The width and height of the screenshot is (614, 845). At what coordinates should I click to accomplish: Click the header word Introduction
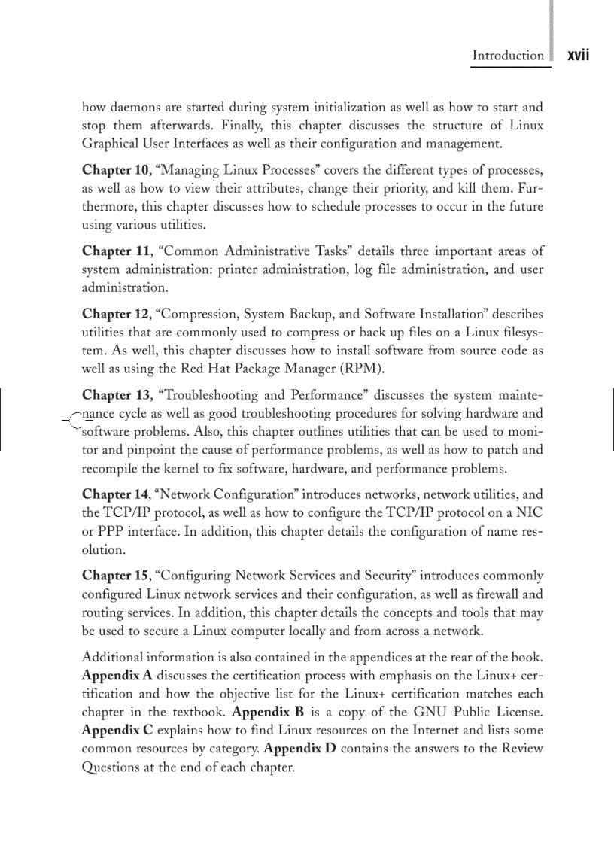(x=507, y=56)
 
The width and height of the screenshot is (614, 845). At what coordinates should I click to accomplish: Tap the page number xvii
(x=577, y=56)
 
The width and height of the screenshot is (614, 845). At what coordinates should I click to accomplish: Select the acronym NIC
(x=529, y=513)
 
